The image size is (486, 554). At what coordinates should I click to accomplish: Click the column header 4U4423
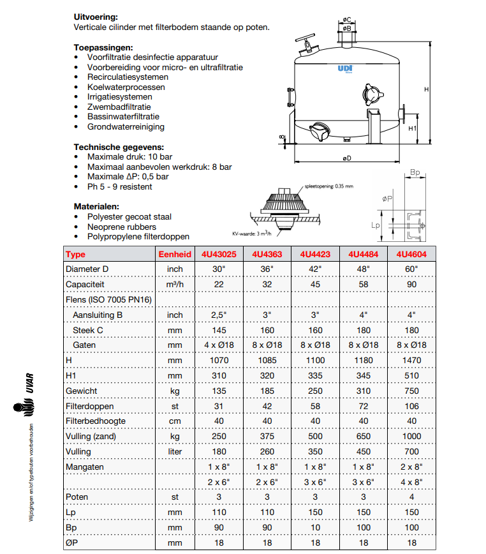click(316, 254)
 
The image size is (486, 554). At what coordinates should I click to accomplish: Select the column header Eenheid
click(175, 254)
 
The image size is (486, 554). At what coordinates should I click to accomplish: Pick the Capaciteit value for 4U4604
click(411, 284)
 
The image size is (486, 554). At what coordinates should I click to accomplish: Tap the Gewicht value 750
click(411, 391)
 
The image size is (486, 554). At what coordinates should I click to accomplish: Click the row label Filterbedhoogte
click(96, 421)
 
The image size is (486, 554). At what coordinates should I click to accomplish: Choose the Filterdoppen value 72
click(362, 406)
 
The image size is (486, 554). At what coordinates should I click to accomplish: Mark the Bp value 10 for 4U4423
click(316, 528)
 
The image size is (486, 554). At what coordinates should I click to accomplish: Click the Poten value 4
click(411, 497)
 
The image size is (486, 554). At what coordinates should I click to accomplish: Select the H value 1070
click(219, 361)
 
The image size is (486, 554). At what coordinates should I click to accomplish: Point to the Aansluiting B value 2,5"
click(219, 315)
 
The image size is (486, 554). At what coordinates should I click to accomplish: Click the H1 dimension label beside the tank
click(413, 128)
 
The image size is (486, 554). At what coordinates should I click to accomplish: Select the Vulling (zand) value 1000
click(411, 437)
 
